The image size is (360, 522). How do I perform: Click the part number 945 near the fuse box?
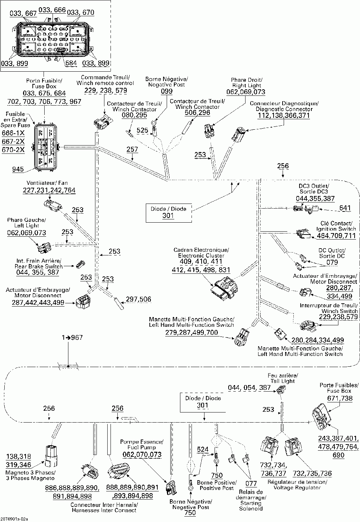pyautogui.click(x=18, y=169)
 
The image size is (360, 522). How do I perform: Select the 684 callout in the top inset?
pyautogui.click(x=71, y=63)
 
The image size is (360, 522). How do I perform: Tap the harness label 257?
pyautogui.click(x=132, y=150)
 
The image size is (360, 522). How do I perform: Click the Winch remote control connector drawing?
pyautogui.click(x=103, y=122)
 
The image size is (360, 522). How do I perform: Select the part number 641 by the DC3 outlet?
pyautogui.click(x=345, y=208)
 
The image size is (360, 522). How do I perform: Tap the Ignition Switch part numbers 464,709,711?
pyautogui.click(x=336, y=236)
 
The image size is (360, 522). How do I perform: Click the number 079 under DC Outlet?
pyautogui.click(x=332, y=262)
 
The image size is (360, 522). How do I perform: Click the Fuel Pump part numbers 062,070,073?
pyautogui.click(x=142, y=454)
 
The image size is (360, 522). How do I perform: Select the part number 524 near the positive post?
pyautogui.click(x=203, y=449)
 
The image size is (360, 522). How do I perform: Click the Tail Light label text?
pyautogui.click(x=283, y=381)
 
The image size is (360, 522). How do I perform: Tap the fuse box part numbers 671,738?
pyautogui.click(x=340, y=398)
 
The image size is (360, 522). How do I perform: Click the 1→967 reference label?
pyautogui.click(x=72, y=338)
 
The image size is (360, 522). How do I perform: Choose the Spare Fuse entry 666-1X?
pyautogui.click(x=13, y=133)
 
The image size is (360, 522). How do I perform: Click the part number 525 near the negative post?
pyautogui.click(x=142, y=130)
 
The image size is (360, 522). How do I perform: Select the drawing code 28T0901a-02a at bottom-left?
pyautogui.click(x=14, y=519)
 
